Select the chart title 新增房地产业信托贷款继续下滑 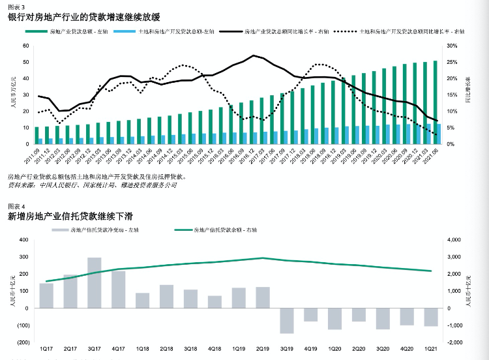[72, 215]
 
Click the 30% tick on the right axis [452, 46]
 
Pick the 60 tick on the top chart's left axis [25, 46]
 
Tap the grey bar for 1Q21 [431, 317]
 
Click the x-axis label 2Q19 [263, 350]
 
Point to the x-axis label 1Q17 [46, 350]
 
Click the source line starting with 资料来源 [91, 185]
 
